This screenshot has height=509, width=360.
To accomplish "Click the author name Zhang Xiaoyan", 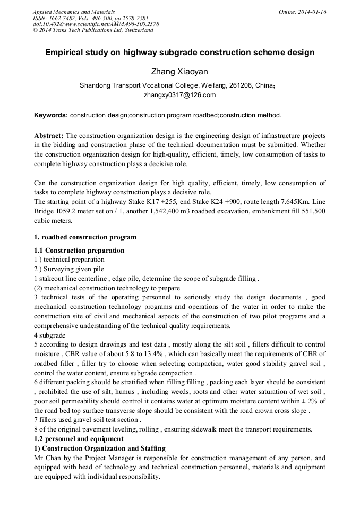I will (179, 72).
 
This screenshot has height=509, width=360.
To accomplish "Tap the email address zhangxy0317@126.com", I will (179, 95).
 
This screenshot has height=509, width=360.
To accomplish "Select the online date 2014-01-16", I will (311, 12).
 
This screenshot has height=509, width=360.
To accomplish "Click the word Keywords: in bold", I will (51, 115).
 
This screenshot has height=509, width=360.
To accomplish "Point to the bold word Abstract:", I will (49, 136).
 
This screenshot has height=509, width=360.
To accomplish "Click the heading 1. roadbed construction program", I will (85, 237).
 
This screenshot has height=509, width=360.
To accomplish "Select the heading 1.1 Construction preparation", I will (79, 251).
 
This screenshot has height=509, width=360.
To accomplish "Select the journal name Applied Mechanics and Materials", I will (73, 12).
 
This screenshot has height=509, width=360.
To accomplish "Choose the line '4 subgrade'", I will (49, 335).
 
